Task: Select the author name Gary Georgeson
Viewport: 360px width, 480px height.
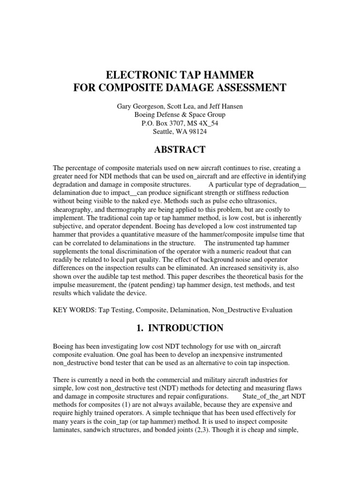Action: click(142, 107)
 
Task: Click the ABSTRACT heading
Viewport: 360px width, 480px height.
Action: click(180, 150)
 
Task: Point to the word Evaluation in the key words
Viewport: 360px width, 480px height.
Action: click(275, 310)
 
